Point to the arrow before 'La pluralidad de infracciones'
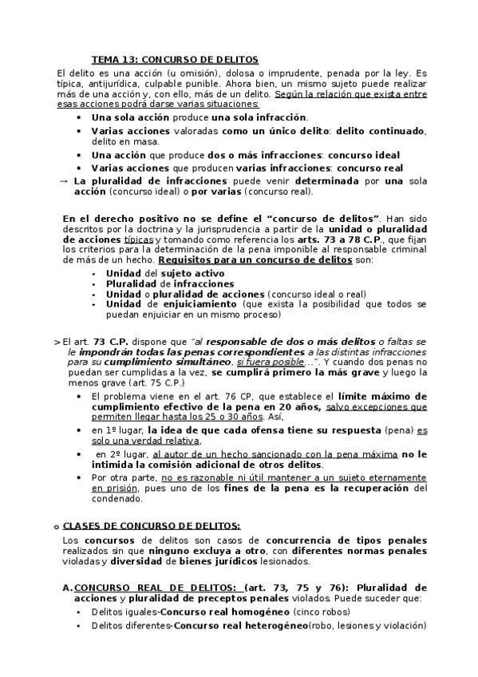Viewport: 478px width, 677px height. [x=64, y=180]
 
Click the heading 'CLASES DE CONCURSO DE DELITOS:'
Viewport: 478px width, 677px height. [x=151, y=526]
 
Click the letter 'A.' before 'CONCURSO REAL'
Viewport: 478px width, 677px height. [x=66, y=588]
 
